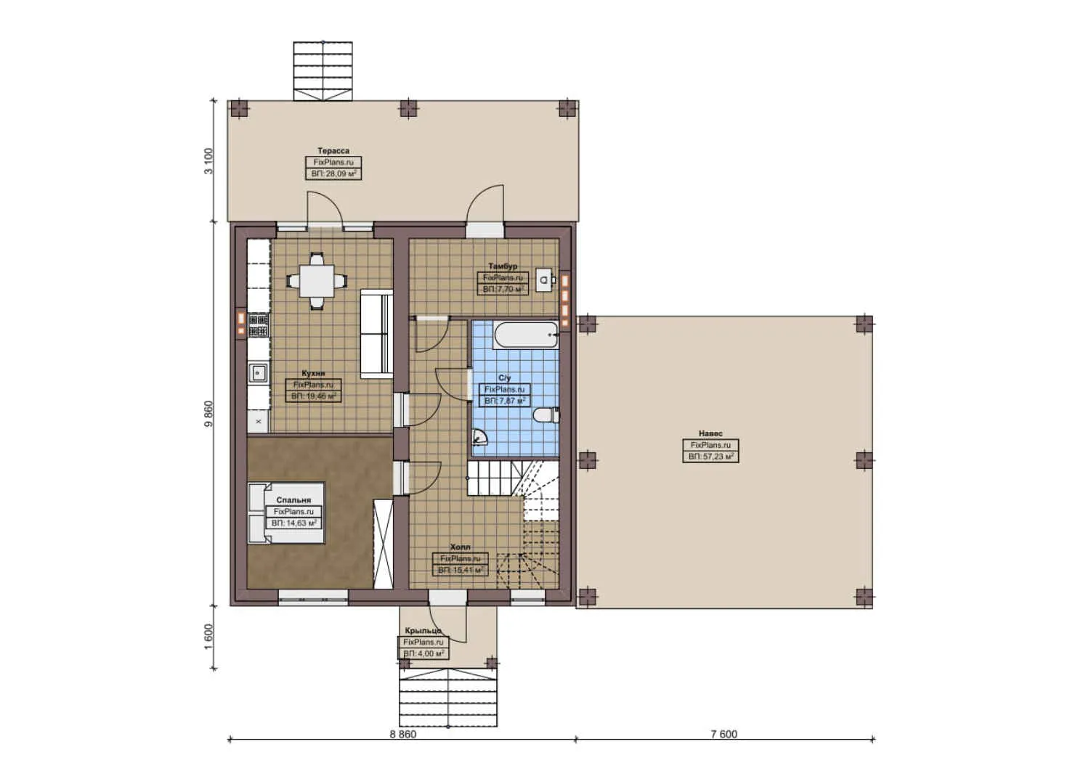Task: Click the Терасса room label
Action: [x=333, y=151]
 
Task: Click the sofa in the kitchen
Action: [x=376, y=334]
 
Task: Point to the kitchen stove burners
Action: [x=258, y=324]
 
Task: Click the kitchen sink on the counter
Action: [x=258, y=373]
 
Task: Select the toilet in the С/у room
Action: [x=546, y=415]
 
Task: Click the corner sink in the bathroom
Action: [x=479, y=437]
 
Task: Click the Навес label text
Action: [x=710, y=433]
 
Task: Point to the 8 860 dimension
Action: [x=402, y=734]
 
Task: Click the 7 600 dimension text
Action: [x=724, y=734]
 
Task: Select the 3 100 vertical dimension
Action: [x=209, y=160]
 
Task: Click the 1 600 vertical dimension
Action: [x=209, y=637]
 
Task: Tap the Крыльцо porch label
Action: [x=423, y=631]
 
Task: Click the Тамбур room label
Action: [x=503, y=266]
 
